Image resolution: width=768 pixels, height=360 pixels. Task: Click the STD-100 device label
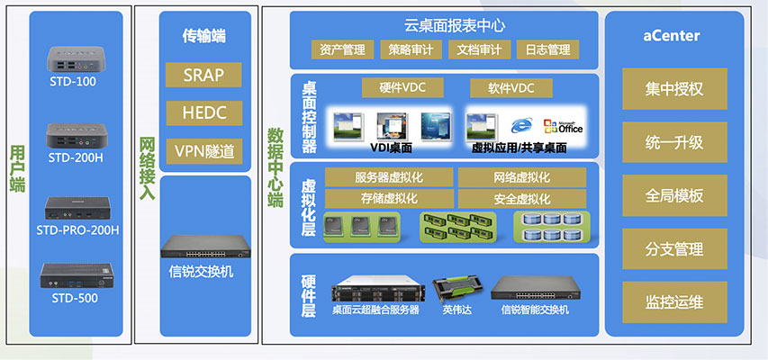(74, 82)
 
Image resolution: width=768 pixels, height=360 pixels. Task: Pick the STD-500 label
(74, 298)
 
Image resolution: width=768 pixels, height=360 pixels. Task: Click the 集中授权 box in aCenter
(674, 89)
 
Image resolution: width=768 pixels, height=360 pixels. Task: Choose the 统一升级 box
(674, 142)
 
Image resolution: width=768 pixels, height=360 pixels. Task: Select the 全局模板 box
(674, 195)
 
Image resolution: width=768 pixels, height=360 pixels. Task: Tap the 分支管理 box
(674, 248)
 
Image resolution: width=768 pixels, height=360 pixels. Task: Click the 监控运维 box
(674, 301)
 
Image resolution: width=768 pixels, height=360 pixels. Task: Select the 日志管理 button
(547, 49)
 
